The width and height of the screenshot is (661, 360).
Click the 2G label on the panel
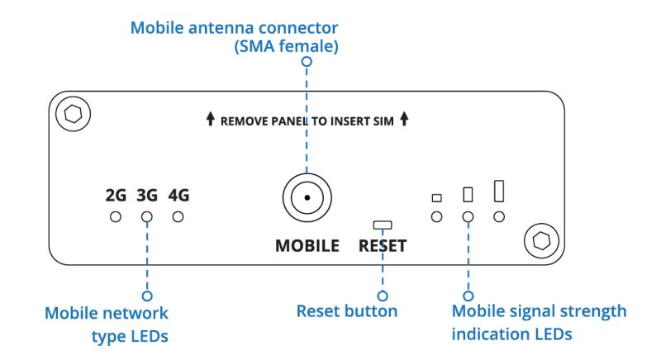point(116,196)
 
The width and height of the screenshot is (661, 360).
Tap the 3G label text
point(147,196)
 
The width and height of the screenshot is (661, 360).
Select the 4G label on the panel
point(178,196)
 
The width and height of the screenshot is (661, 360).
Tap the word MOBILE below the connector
point(307,245)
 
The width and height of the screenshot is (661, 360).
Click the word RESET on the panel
point(383,245)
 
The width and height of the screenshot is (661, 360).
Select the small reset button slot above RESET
point(383,224)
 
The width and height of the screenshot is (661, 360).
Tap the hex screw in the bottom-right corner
point(542,240)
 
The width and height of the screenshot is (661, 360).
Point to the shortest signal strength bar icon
point(437,197)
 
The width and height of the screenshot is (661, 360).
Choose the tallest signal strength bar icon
point(499,191)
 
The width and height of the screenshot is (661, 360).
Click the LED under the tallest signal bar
point(499,216)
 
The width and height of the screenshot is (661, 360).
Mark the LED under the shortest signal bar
point(437,216)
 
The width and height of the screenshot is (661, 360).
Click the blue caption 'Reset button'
point(347,311)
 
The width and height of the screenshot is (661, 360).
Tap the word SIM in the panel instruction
point(384,121)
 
